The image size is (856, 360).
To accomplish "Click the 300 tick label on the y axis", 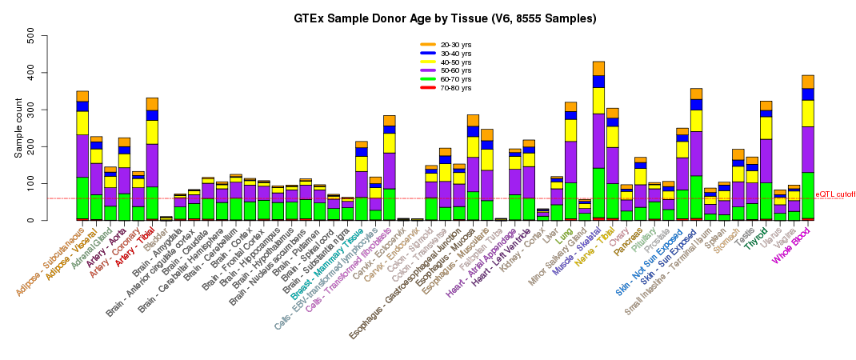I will [x=30, y=110].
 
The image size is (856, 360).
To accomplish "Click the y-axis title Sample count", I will [x=18, y=128].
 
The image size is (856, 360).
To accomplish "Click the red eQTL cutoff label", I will [x=834, y=194].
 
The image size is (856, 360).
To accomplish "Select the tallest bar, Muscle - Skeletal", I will [x=598, y=160].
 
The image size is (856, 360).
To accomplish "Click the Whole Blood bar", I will [x=808, y=160].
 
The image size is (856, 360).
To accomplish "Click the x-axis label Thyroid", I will [x=756, y=238].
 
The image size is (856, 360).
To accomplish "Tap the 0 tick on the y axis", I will [x=30, y=220].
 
